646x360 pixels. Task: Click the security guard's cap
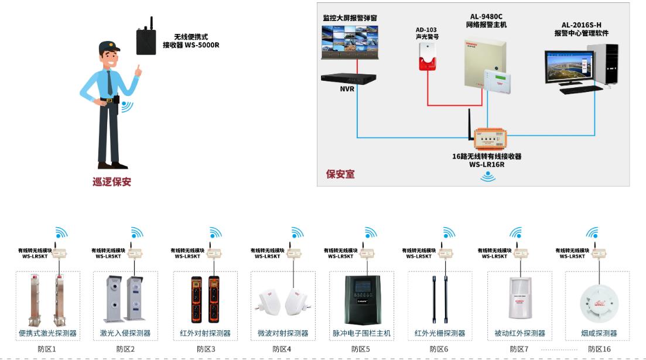[x=110, y=47]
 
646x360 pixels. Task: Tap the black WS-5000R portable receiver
[x=146, y=41]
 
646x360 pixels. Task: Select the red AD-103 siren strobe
[x=428, y=57]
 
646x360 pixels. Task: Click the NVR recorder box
[x=348, y=79]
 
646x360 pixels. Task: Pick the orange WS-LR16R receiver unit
[x=491, y=139]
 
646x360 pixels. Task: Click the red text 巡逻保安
[x=112, y=181]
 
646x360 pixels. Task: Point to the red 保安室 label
[x=340, y=174]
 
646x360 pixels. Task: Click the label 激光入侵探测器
[x=125, y=333]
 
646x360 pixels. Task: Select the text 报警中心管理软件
[x=581, y=33]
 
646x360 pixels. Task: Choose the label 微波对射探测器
[x=283, y=333]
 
